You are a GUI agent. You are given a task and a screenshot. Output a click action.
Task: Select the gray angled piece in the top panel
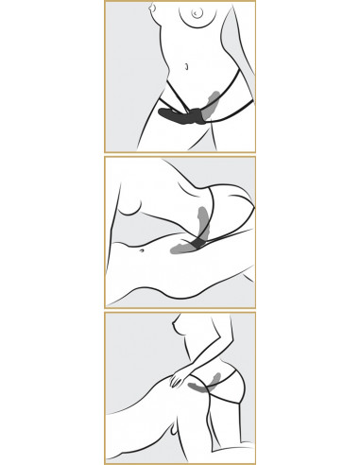(217, 99)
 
